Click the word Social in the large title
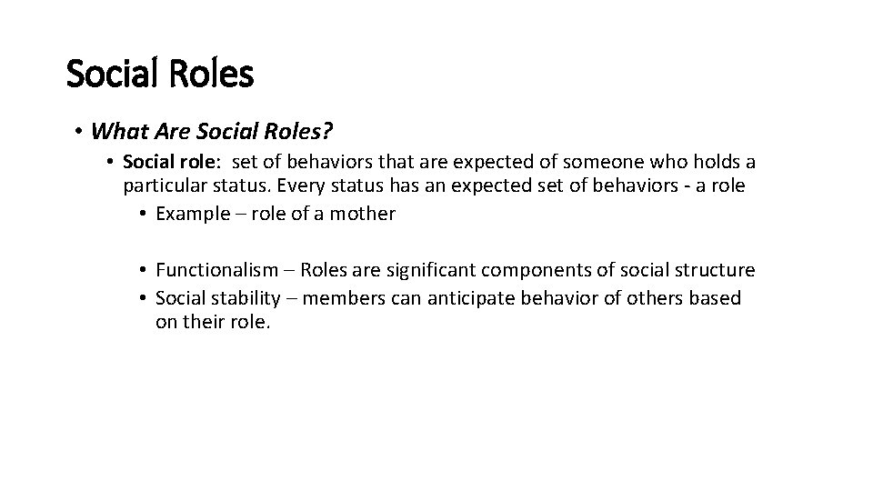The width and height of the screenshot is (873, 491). tap(114, 74)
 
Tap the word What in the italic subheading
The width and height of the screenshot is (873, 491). tap(115, 132)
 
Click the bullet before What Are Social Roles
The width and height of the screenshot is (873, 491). tap(80, 133)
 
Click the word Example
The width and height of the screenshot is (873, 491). tap(193, 214)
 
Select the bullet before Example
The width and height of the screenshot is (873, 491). tap(145, 215)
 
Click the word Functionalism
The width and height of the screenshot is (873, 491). tap(214, 270)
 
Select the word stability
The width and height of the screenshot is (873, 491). tap(244, 297)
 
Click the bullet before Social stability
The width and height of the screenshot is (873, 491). tap(145, 298)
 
